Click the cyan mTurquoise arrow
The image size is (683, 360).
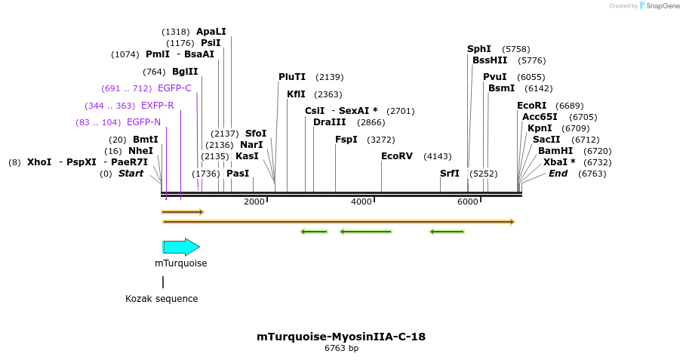click(x=181, y=247)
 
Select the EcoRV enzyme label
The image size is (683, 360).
click(x=397, y=156)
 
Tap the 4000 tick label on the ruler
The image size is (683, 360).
click(x=361, y=202)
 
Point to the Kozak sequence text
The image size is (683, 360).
click(x=162, y=299)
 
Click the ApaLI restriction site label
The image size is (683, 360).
click(x=211, y=32)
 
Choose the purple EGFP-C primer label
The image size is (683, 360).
click(x=174, y=88)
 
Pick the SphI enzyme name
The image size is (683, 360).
click(x=479, y=49)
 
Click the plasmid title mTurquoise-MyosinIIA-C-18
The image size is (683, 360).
click(x=341, y=337)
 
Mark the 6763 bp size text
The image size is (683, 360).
click(x=341, y=349)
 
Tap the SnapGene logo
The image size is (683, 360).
click(x=659, y=6)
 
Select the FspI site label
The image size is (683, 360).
click(x=346, y=140)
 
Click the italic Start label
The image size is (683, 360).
click(x=131, y=174)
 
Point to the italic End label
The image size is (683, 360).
click(x=558, y=174)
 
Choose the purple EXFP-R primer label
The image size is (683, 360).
click(x=157, y=106)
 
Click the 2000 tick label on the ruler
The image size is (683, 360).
click(x=254, y=202)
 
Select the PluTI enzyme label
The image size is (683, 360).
click(x=292, y=77)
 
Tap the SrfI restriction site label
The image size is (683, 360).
click(x=450, y=174)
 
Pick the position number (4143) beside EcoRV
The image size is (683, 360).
click(x=437, y=156)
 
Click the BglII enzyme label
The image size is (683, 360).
click(x=185, y=72)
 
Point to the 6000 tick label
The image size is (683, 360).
click(x=468, y=202)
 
